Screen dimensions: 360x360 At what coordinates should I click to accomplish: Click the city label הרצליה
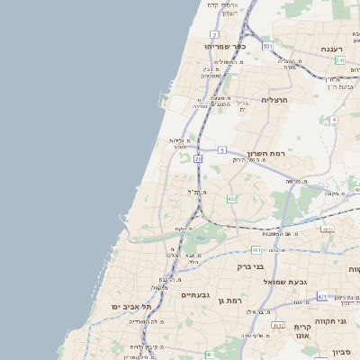(274, 101)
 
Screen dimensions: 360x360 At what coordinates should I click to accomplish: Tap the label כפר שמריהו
(224, 45)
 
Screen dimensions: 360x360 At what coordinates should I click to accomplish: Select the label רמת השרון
(265, 154)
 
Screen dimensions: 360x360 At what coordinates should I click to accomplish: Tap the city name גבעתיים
(195, 295)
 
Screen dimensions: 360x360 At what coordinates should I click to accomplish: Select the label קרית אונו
(301, 330)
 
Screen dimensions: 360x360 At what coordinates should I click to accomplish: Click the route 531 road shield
(267, 45)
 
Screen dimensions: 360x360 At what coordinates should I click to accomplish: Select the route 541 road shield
(340, 60)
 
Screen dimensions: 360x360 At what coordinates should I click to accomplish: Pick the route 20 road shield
(197, 159)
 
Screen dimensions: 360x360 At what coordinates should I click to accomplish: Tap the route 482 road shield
(231, 199)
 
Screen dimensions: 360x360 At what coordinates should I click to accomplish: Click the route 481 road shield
(256, 249)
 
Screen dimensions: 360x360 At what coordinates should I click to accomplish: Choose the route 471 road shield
(322, 295)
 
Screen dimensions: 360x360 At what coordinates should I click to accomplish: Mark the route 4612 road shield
(328, 229)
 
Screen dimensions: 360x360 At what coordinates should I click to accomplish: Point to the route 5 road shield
(221, 150)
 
